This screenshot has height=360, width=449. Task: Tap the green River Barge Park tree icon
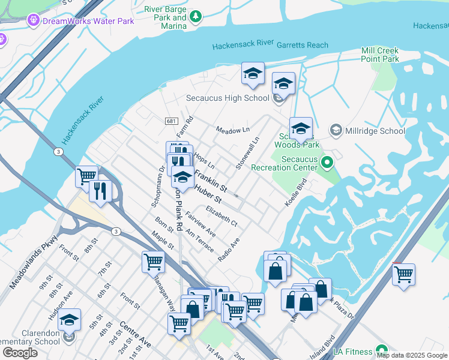click(196, 19)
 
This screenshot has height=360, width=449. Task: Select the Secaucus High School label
click(227, 98)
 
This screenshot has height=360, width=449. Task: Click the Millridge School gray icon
click(336, 130)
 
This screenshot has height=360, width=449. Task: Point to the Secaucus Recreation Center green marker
click(327, 161)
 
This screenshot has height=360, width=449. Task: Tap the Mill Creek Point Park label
click(380, 55)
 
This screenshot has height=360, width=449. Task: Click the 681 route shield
click(171, 121)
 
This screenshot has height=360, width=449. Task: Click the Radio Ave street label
click(229, 249)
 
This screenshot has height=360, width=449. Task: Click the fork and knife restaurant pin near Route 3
click(100, 191)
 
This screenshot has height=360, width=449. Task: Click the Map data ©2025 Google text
click(412, 355)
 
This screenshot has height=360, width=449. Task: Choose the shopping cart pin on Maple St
click(153, 262)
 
